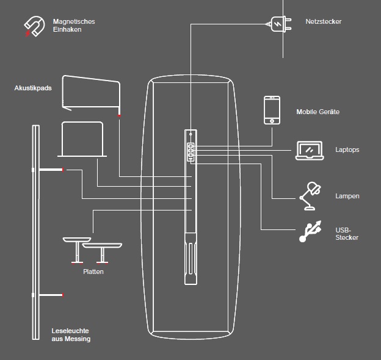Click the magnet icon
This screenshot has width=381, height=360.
tap(34, 26)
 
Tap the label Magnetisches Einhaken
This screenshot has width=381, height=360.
tap(73, 26)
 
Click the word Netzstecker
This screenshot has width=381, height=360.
tap(324, 22)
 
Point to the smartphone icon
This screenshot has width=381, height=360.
tap(272, 110)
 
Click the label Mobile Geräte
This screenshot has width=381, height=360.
tap(317, 112)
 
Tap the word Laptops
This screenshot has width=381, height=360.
tap(347, 149)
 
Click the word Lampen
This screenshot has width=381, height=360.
tap(347, 196)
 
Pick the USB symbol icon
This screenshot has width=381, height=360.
tap(310, 232)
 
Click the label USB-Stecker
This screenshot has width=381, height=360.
tap(346, 234)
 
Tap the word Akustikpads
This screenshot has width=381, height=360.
tap(33, 88)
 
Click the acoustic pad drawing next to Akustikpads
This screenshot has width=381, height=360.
tap(92, 95)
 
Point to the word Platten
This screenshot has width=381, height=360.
tap(93, 272)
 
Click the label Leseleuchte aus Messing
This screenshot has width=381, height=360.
tap(71, 335)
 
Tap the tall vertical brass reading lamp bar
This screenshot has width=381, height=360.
tap(35, 232)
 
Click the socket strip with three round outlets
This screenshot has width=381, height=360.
tap(191, 151)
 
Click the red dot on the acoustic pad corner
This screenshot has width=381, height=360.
tap(119, 116)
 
